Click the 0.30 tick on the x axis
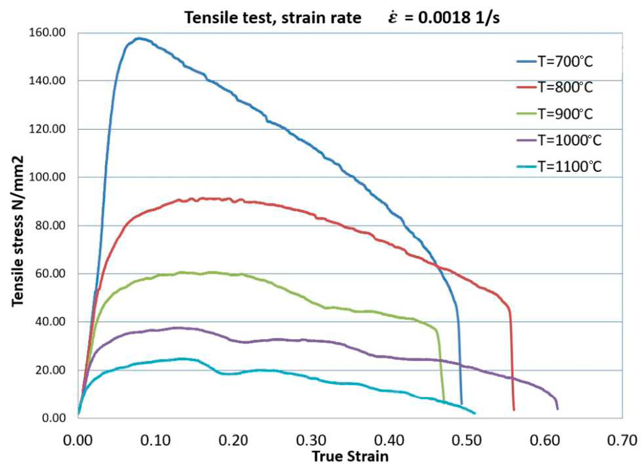(311, 441)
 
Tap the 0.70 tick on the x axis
(622, 441)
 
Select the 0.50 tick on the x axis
(466, 441)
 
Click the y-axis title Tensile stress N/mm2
(18, 231)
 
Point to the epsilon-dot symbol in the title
(393, 18)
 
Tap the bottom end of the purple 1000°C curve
(557, 409)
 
